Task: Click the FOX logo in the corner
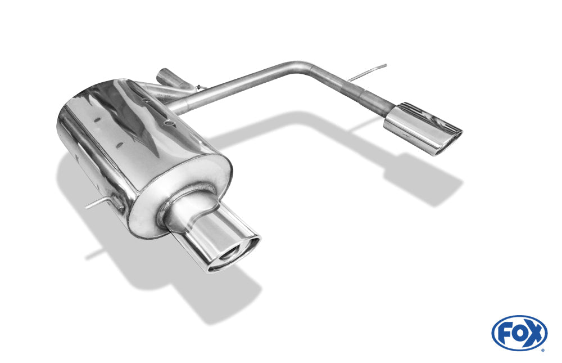click(519, 333)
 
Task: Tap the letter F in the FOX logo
click(504, 334)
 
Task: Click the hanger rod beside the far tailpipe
click(368, 72)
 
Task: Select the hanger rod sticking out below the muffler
click(98, 204)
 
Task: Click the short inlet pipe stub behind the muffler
click(170, 78)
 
